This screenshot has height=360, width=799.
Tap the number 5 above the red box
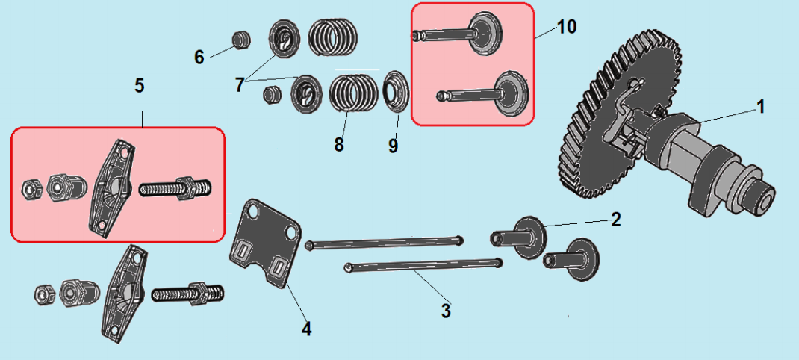point(139,86)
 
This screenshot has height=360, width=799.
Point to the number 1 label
point(759,107)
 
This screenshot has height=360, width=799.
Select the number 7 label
point(240,84)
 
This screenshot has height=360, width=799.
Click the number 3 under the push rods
point(446,311)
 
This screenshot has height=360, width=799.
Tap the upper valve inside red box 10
point(458,34)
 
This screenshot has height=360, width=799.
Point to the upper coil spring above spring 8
point(333,36)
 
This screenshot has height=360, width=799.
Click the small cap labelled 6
point(241,40)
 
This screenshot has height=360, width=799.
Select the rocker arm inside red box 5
point(112,189)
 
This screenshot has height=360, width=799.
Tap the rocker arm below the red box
point(124,294)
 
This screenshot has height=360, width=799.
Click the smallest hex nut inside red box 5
point(30,189)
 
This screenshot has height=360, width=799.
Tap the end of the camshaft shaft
point(763,197)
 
